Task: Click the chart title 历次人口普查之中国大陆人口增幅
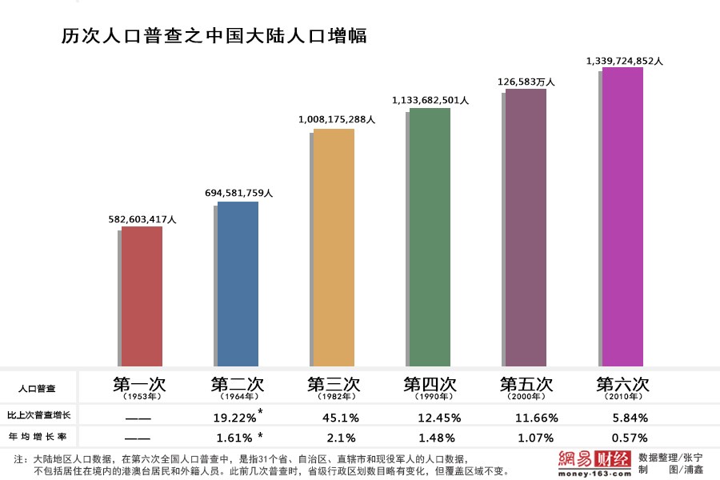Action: tap(214, 36)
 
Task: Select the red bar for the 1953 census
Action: tap(142, 296)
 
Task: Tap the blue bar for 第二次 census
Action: tap(238, 284)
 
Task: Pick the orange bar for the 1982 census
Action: tap(334, 248)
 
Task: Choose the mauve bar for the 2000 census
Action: tap(526, 228)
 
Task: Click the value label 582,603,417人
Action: tap(142, 218)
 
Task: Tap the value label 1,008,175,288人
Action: tap(337, 119)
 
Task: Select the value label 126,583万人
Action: tap(526, 81)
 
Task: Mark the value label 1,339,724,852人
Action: tap(625, 60)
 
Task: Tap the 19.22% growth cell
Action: tap(235, 417)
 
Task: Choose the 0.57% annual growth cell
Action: tap(630, 438)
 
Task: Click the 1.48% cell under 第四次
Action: tap(437, 438)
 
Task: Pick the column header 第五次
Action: tap(526, 383)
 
